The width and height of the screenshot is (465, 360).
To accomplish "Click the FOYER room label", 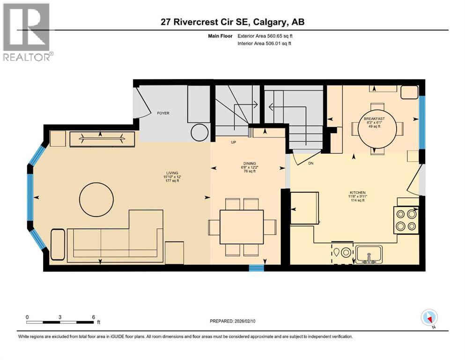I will (163, 113).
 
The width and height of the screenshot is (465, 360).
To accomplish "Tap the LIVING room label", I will (171, 177).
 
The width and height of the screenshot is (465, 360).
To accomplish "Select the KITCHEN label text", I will (357, 193).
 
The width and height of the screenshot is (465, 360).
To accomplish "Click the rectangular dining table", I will (241, 227).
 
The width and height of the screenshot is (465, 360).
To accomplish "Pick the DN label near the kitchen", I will (310, 164).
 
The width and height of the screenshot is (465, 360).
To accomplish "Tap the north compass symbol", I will (429, 318).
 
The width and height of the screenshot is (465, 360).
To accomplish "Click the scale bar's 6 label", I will (93, 316).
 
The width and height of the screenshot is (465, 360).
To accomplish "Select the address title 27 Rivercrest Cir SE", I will (232, 22).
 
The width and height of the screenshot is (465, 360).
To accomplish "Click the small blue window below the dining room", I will (256, 268).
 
